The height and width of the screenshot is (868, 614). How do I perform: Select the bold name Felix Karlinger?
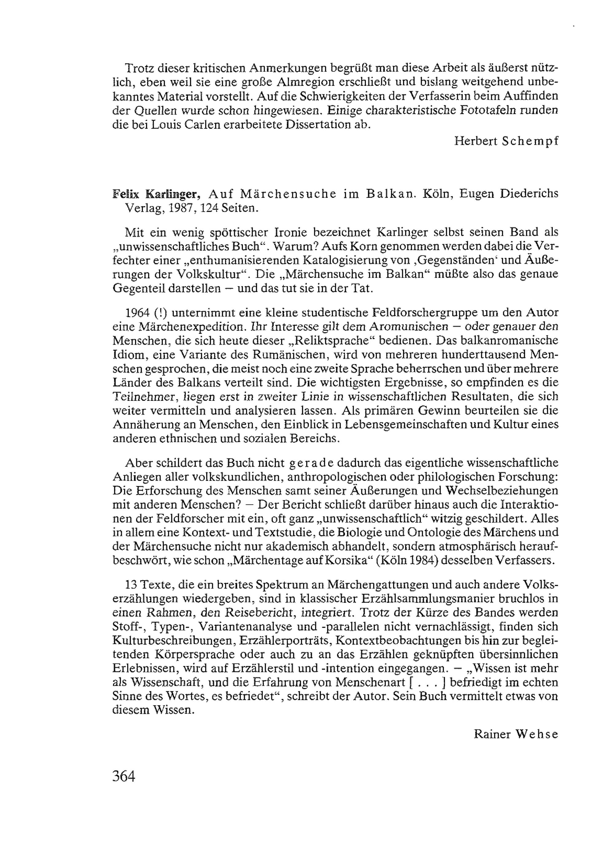[156, 194]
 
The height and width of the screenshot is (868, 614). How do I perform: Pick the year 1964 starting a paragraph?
[138, 313]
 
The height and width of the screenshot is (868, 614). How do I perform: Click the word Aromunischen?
[409, 327]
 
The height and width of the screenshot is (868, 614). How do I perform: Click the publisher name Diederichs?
[529, 194]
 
